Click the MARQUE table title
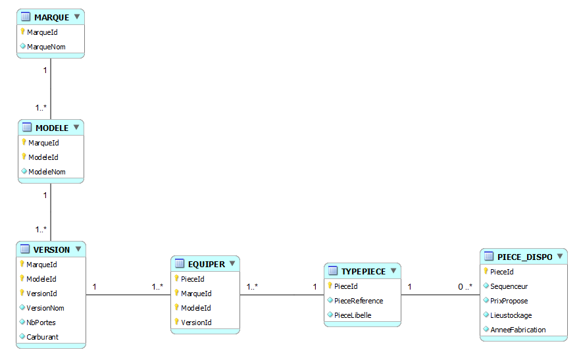pyautogui.click(x=51, y=17)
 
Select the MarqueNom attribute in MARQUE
pyautogui.click(x=46, y=47)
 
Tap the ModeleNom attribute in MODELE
pyautogui.click(x=47, y=172)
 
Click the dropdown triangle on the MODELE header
pyautogui.click(x=76, y=127)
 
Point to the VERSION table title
pyautogui.click(x=51, y=249)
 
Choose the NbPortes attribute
pyautogui.click(x=41, y=322)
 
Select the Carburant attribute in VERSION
pyautogui.click(x=42, y=337)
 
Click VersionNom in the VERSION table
pyautogui.click(x=45, y=308)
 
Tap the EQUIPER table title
pyautogui.click(x=207, y=265)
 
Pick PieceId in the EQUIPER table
pyautogui.click(x=192, y=279)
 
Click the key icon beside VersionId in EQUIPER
pyautogui.click(x=177, y=321)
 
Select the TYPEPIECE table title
pyautogui.click(x=363, y=271)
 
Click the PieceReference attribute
pyautogui.click(x=359, y=301)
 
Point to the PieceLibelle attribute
pyautogui.click(x=353, y=315)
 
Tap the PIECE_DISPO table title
pyautogui.click(x=524, y=257)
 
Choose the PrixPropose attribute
pyautogui.click(x=509, y=301)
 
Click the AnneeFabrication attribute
pyautogui.click(x=518, y=330)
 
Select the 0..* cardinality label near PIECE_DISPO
pyautogui.click(x=465, y=286)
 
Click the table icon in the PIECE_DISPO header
pyautogui.click(x=489, y=256)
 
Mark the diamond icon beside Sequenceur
pyautogui.click(x=486, y=286)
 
